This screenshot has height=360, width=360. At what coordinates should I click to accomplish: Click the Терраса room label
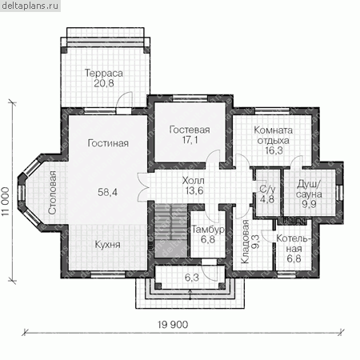(104, 73)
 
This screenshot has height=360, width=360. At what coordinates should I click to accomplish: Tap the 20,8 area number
(104, 83)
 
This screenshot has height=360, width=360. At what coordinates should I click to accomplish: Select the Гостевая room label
(190, 130)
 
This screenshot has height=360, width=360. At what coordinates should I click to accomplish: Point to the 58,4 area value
(107, 192)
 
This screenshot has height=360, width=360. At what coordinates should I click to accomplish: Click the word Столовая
(53, 193)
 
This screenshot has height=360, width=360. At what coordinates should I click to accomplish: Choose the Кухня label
(107, 245)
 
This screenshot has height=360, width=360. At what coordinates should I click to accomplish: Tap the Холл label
(193, 181)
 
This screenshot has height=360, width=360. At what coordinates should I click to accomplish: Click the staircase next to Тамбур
(171, 230)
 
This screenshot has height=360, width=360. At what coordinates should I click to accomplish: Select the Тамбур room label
(208, 230)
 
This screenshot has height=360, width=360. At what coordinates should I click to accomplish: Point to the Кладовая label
(245, 242)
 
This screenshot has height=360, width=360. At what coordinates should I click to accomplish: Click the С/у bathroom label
(267, 189)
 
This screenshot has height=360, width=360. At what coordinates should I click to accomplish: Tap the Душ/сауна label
(309, 189)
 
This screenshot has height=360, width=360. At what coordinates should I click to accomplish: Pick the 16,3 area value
(274, 150)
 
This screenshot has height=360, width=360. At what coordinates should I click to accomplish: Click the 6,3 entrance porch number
(192, 278)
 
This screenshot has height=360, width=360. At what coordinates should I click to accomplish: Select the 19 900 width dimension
(173, 325)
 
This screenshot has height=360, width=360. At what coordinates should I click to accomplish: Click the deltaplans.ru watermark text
(30, 6)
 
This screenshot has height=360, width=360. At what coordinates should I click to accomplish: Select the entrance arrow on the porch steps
(190, 294)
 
